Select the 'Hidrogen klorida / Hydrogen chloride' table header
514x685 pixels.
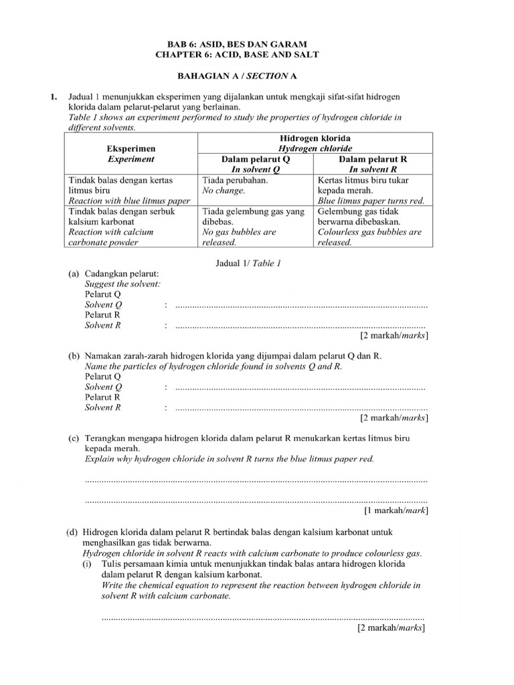pyautogui.click(x=315, y=142)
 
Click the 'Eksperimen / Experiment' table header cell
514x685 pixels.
pyautogui.click(x=131, y=153)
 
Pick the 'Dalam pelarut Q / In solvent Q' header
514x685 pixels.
pyautogui.click(x=255, y=165)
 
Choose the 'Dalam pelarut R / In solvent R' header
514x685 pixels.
pyautogui.click(x=373, y=165)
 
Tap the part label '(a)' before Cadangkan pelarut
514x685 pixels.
pyautogui.click(x=73, y=274)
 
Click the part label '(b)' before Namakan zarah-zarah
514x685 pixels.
pyautogui.click(x=73, y=357)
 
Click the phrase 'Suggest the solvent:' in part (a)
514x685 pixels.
pyautogui.click(x=122, y=284)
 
